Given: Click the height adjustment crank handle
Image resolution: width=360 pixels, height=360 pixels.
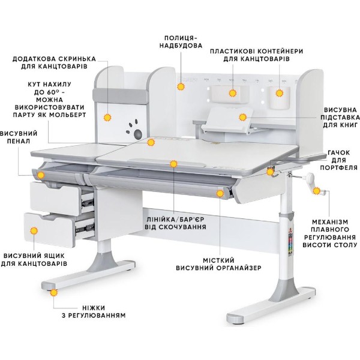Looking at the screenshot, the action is (x=313, y=184).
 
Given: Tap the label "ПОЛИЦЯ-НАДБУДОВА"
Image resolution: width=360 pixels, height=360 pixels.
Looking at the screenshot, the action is (x=181, y=41).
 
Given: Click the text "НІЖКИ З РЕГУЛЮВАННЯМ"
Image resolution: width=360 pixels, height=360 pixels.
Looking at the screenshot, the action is (x=94, y=311).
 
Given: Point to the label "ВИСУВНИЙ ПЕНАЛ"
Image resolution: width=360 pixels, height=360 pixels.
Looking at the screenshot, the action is (x=19, y=137).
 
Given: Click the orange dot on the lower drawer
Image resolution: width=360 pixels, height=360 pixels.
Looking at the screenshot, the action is (x=34, y=230).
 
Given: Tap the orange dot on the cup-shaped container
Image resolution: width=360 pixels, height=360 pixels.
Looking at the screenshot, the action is (x=279, y=93).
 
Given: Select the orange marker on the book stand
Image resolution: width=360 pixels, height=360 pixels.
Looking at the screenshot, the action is (x=242, y=118).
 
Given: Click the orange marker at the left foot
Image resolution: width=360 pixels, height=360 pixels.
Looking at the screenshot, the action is (x=54, y=293).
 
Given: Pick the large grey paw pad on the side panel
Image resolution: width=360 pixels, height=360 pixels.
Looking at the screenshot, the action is (x=138, y=134).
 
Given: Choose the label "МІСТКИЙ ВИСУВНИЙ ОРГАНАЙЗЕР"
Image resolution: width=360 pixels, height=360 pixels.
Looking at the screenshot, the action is (x=218, y=264).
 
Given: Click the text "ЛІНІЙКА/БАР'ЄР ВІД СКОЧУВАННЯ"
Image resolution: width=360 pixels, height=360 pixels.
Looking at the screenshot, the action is (x=175, y=223).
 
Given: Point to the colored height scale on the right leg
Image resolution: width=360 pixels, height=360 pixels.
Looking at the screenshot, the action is (x=290, y=244).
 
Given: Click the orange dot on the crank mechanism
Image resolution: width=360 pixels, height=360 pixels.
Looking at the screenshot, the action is (x=316, y=191).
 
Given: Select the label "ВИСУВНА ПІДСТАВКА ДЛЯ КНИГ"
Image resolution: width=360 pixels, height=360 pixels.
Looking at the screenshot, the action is (x=340, y=118).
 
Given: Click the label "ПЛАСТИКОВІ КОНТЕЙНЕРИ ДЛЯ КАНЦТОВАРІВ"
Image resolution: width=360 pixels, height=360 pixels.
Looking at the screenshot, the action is (x=256, y=55).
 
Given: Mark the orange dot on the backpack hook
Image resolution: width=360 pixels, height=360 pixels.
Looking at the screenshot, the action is (x=270, y=172).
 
